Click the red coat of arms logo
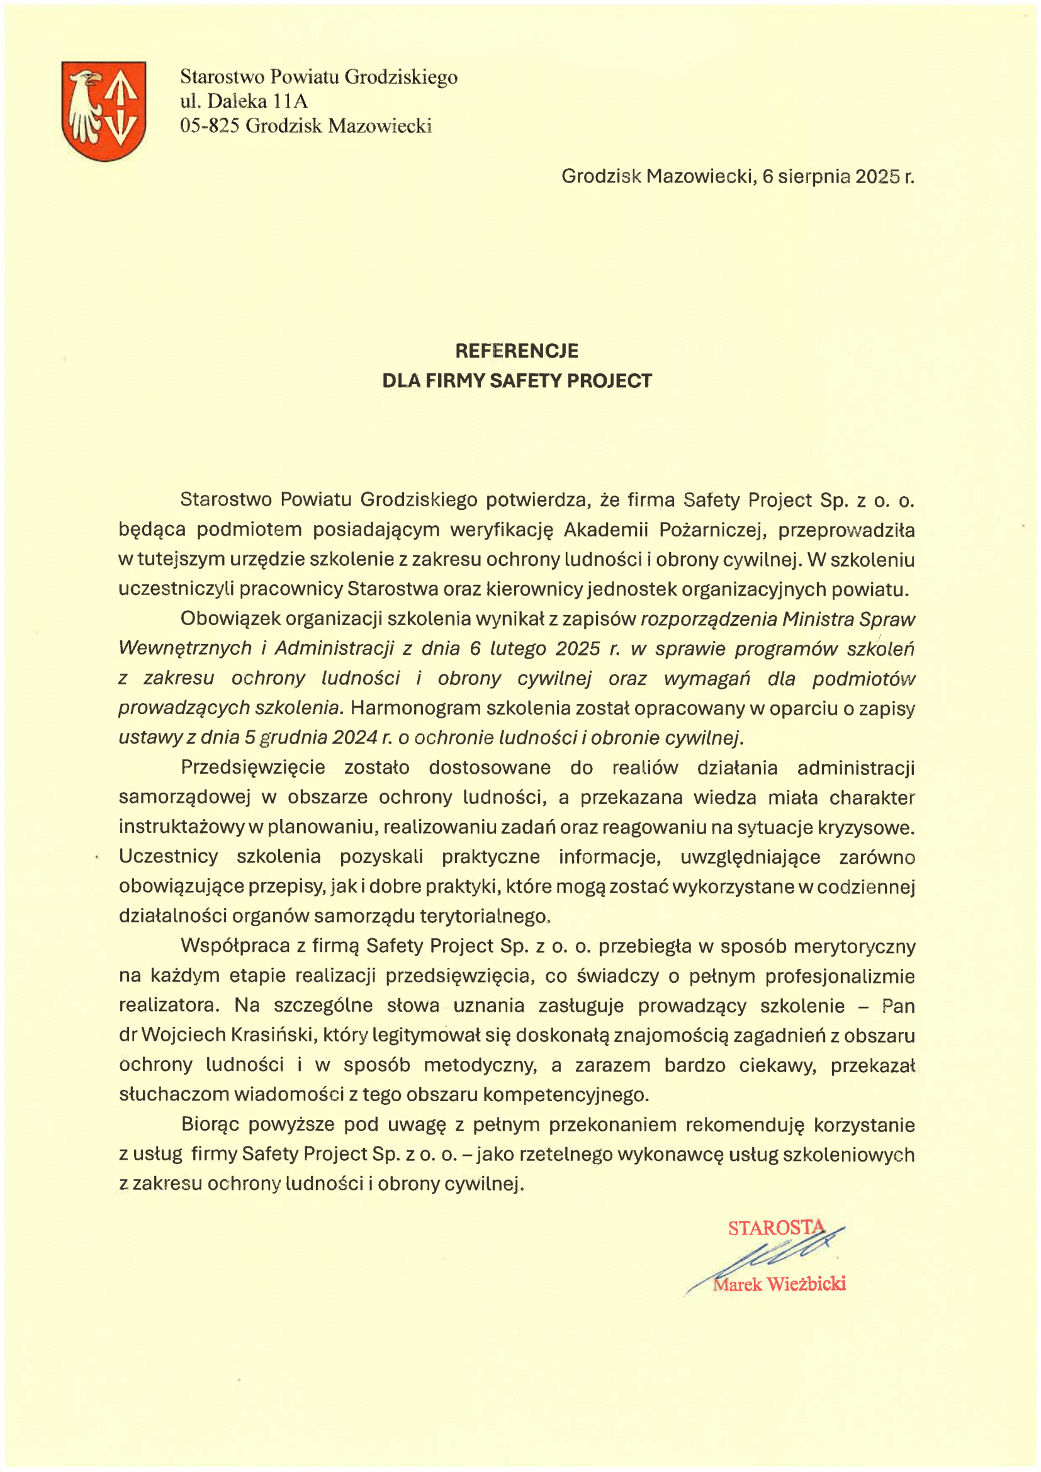104,110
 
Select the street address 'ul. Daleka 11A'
244,101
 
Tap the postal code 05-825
210,126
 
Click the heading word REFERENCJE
517,351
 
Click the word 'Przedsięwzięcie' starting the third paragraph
253,767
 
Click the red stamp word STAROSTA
775,1227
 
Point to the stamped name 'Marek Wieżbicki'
779,1284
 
